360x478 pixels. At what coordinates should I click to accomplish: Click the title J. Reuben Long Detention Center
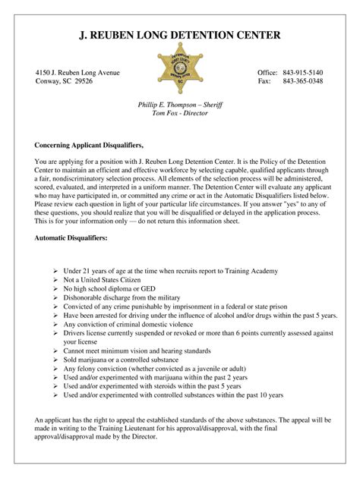180,35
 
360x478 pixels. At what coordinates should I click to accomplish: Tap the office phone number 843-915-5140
302,71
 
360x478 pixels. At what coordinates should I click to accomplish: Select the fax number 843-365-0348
302,81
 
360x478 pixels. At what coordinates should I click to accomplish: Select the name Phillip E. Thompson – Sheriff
180,104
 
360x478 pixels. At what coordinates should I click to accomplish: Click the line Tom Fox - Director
180,113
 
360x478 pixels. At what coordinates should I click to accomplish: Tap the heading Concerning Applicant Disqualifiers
89,143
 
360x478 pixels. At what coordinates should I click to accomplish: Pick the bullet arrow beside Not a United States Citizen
57,280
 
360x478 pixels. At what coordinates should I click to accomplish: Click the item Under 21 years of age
165,271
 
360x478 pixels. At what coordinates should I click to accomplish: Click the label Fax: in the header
264,81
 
